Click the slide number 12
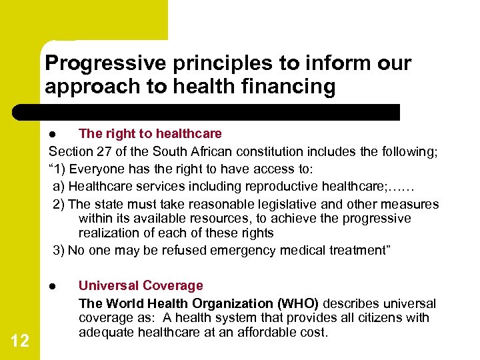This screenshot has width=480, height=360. tap(20, 341)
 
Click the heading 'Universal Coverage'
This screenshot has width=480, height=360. tap(141, 286)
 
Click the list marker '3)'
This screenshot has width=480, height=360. tap(59, 251)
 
